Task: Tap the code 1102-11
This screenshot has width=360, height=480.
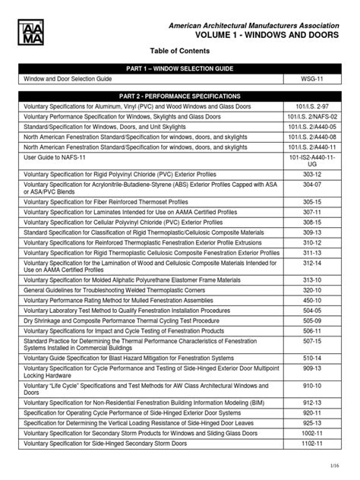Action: point(312,442)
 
